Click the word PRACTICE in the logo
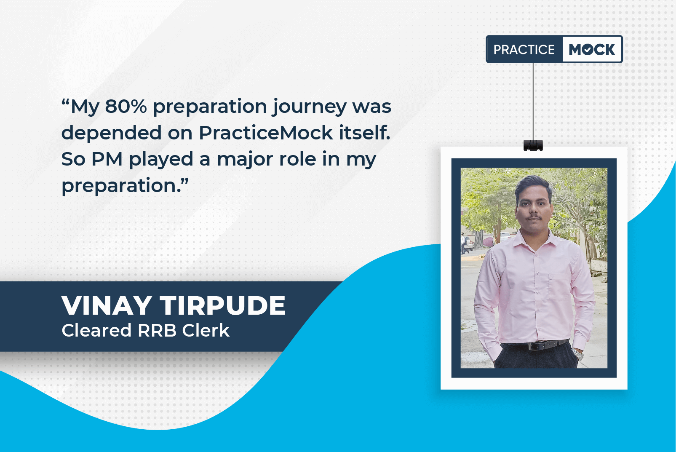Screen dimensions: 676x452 [x=524, y=49]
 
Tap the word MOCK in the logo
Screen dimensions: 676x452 [x=592, y=49]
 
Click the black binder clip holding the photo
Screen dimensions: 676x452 [x=533, y=145]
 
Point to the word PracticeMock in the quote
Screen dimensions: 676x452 [x=266, y=133]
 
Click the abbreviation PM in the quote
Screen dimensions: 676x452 [x=107, y=159]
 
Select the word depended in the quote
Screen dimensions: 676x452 [x=111, y=132]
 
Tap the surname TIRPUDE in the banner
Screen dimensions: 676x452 [x=223, y=306]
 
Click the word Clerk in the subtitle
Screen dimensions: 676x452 [x=206, y=330]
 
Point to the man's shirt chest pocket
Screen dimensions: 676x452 [x=559, y=286]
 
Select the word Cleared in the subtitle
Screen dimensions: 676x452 [x=96, y=330]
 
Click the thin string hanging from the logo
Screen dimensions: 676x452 [x=533, y=102]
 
